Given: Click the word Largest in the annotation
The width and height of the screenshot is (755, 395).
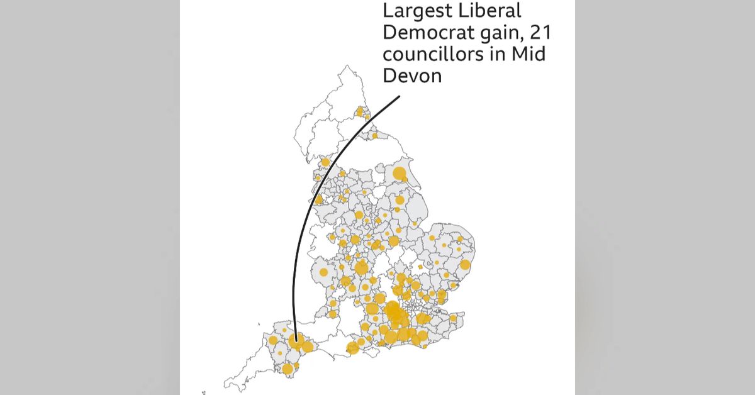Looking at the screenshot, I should [x=413, y=11].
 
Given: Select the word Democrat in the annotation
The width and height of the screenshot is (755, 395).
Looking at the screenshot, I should [x=420, y=33].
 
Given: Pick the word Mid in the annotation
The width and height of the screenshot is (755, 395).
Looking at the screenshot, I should [x=528, y=55].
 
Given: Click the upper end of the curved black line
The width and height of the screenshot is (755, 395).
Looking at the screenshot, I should [x=400, y=97].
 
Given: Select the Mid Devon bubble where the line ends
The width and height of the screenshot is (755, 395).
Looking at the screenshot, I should [x=296, y=343].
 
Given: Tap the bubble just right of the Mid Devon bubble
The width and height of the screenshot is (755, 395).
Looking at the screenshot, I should [x=308, y=347].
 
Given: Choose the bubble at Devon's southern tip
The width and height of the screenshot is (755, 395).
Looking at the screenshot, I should [x=288, y=369].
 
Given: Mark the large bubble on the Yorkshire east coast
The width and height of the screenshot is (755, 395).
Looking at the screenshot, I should [x=400, y=174].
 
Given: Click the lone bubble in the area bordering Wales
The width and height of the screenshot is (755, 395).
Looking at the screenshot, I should [x=323, y=272].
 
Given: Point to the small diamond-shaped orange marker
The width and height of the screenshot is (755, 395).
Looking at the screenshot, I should [x=420, y=267].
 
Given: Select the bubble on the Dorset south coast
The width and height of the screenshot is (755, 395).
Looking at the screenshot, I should [x=353, y=347].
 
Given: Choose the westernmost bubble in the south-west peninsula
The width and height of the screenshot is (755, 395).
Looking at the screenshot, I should [x=273, y=340].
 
